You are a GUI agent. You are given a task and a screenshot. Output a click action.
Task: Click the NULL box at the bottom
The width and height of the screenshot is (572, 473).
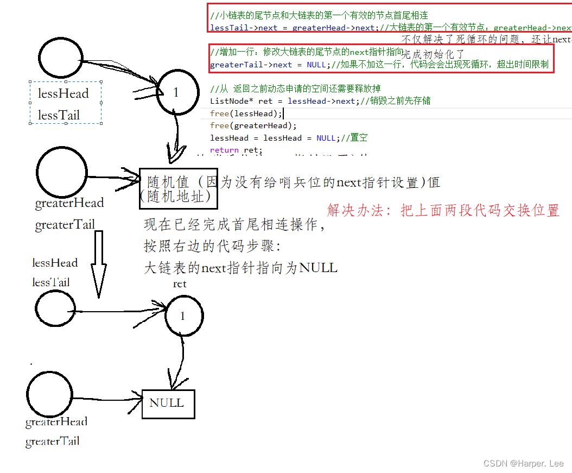point(168,403)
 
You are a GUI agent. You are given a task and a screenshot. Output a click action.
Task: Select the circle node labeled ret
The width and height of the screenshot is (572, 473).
point(184,316)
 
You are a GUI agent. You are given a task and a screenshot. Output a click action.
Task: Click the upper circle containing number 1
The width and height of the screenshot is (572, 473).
point(175,93)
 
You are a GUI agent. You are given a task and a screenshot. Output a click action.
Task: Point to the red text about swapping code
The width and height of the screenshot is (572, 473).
point(443,210)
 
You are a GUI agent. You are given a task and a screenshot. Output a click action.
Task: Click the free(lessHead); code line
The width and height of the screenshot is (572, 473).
point(246,113)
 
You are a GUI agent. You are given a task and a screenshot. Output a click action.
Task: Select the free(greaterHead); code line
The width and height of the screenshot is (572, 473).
point(253,125)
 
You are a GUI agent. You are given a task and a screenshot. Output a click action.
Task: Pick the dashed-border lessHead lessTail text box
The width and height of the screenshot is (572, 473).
point(66,103)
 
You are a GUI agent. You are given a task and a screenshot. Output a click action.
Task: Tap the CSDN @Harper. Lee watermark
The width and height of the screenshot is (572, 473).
point(523,463)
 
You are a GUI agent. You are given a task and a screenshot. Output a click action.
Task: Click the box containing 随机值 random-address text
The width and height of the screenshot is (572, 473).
point(179,188)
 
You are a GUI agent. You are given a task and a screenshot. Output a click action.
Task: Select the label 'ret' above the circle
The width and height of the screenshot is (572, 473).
point(180,284)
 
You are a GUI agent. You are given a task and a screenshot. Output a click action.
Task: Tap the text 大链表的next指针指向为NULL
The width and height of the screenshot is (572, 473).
point(240,268)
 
